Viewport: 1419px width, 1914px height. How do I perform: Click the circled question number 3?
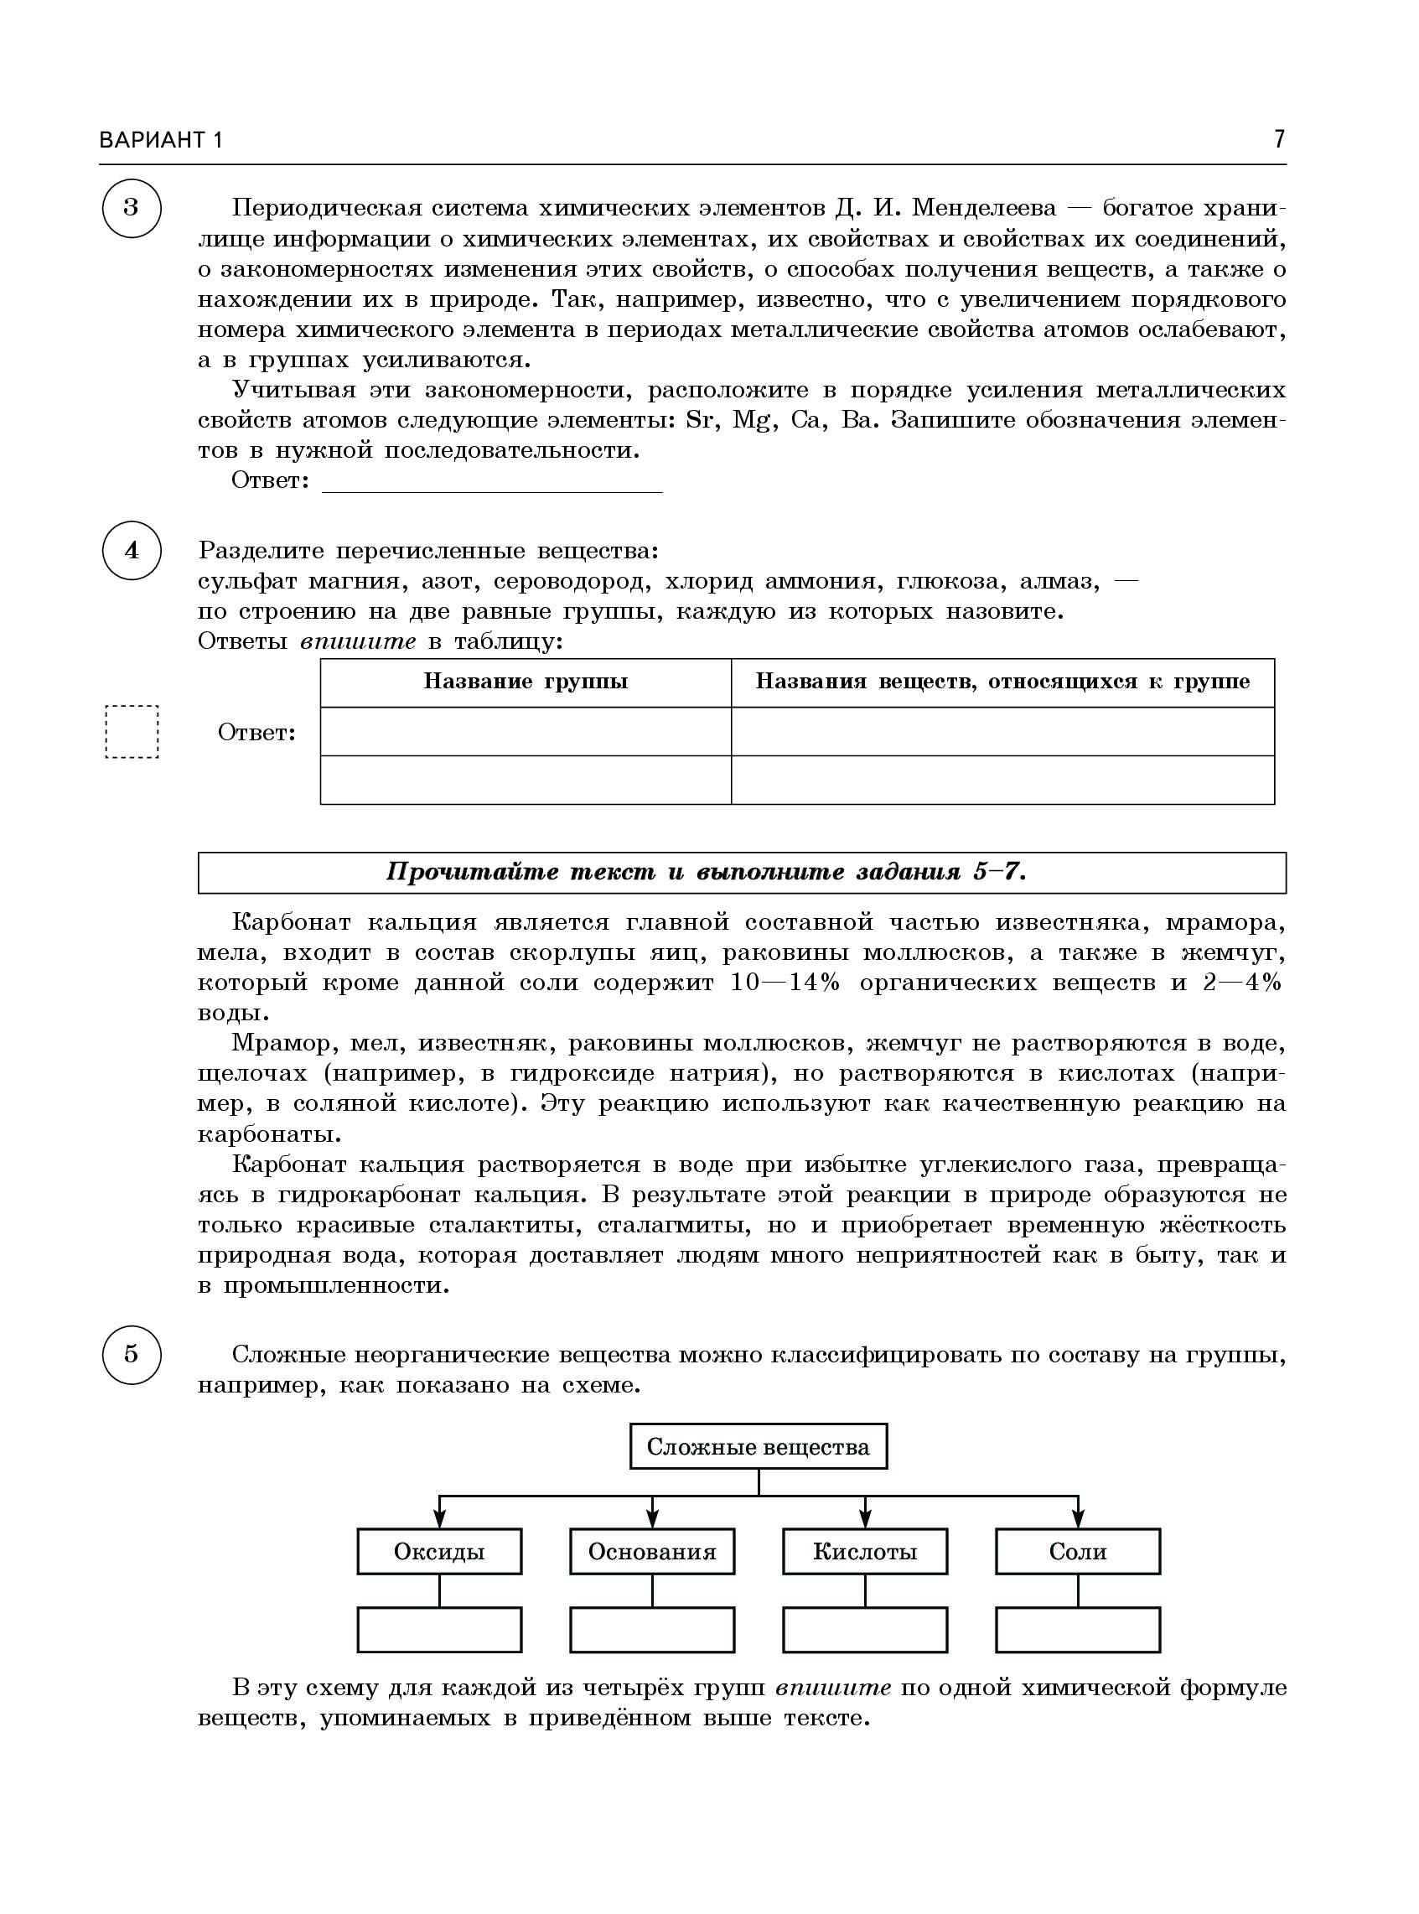[132, 208]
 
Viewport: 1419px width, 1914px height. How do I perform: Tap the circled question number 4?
[132, 550]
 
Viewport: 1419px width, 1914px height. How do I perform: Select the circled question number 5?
[132, 1355]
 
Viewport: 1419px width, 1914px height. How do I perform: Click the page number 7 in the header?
[1279, 139]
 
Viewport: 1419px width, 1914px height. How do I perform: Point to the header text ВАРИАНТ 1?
[161, 140]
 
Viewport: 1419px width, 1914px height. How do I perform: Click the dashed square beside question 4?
[132, 732]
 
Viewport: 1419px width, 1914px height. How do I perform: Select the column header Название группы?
[526, 682]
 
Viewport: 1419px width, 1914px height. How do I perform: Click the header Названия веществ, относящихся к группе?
[1002, 682]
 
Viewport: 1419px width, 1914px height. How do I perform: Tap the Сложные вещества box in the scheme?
[759, 1447]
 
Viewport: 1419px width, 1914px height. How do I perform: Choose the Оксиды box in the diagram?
[439, 1552]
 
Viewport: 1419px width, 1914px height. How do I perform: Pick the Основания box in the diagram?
[652, 1552]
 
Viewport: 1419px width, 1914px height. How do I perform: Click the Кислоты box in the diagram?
[865, 1552]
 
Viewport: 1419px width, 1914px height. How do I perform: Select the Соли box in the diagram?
[1078, 1552]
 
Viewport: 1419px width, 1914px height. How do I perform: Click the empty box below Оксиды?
[439, 1630]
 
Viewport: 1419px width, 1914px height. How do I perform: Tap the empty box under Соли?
[1078, 1630]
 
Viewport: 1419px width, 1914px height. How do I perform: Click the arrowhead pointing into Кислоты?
[865, 1520]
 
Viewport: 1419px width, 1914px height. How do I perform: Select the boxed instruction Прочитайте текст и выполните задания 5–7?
[741, 873]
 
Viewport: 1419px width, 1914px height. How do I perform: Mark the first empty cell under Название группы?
[526, 732]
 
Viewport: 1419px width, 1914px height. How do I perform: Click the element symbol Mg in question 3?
[751, 421]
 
